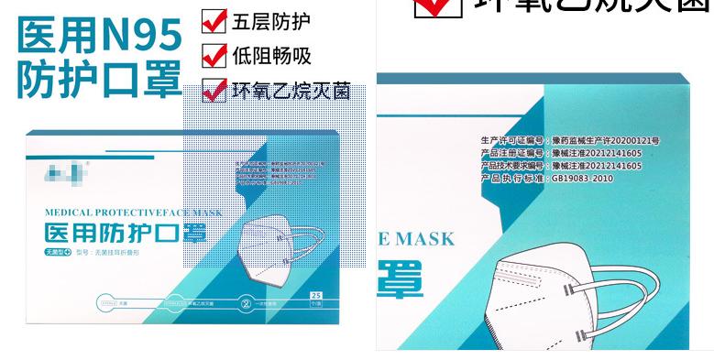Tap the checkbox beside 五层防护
pyautogui.click(x=214, y=20)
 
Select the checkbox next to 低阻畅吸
pyautogui.click(x=214, y=55)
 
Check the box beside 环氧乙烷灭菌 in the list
pyautogui.click(x=214, y=91)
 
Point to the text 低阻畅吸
pyautogui.click(x=271, y=55)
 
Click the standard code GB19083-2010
pyautogui.click(x=582, y=179)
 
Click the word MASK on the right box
pyautogui.click(x=423, y=239)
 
